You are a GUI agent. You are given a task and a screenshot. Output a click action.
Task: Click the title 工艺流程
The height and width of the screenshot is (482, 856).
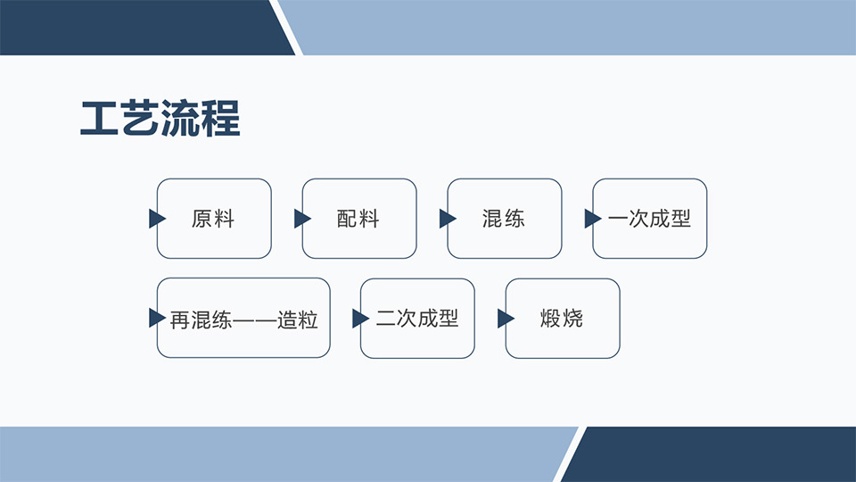click(x=160, y=118)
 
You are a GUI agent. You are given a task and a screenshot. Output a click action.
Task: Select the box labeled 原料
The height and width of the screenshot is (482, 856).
click(x=214, y=219)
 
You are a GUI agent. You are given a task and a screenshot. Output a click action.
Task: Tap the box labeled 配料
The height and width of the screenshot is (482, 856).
click(x=359, y=219)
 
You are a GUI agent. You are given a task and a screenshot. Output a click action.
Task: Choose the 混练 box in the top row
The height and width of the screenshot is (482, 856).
click(x=505, y=219)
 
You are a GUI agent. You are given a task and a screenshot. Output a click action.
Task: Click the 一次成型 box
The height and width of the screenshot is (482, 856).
click(x=650, y=219)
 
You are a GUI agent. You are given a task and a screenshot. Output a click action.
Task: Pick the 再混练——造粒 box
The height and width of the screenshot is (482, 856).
click(x=243, y=318)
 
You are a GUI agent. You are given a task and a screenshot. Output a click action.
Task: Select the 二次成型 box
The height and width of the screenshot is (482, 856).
click(x=417, y=319)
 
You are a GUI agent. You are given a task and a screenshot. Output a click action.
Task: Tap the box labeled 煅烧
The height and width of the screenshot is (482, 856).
click(x=563, y=319)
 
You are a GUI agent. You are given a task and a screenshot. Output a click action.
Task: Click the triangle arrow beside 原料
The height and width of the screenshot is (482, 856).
click(x=157, y=219)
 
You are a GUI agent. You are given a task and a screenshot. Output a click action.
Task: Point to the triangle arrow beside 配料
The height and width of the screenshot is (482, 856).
click(x=302, y=219)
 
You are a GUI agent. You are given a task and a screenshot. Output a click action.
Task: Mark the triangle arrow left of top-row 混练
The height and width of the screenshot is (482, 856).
click(x=448, y=219)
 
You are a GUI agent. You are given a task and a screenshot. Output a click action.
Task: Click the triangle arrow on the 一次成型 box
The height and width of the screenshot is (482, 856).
click(x=593, y=219)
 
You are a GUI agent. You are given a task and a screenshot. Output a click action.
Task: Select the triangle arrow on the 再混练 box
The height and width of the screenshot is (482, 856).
click(x=157, y=318)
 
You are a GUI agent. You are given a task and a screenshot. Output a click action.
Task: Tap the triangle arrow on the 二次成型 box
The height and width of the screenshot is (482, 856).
click(x=361, y=319)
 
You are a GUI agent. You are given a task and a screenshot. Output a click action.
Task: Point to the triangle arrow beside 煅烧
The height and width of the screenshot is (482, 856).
click(x=506, y=319)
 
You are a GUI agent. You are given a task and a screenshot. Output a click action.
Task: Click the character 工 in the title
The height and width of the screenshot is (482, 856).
click(x=99, y=118)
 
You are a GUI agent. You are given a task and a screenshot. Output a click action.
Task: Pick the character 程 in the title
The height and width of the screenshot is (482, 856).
click(x=221, y=118)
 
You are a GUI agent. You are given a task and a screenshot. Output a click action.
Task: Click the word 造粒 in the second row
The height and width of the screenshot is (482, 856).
click(x=298, y=320)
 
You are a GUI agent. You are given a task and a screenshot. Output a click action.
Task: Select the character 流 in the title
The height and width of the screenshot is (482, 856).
click(x=180, y=118)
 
